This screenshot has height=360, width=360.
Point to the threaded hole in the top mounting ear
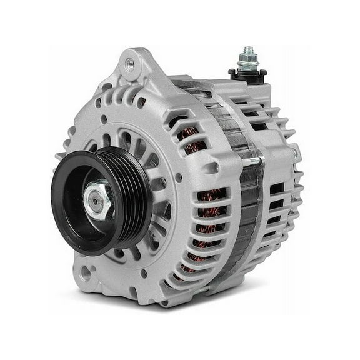click(x=130, y=62)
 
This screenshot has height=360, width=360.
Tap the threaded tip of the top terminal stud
click(x=248, y=49)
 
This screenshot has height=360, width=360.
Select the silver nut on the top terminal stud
click(x=248, y=61)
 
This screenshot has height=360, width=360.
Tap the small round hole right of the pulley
click(x=179, y=177)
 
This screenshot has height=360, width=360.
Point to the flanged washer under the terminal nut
click(x=248, y=68)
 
